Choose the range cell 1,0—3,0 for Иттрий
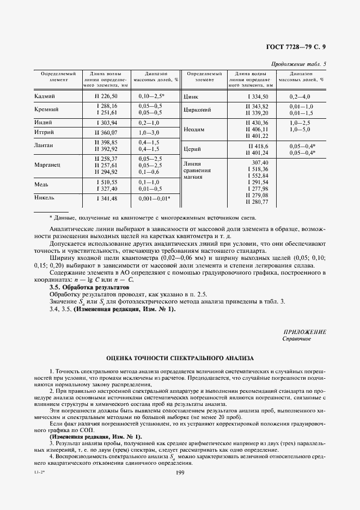149,132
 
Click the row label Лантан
44,145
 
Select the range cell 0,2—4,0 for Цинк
301,96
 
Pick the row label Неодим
194,130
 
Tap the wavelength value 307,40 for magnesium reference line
260,162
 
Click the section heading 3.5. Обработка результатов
90,287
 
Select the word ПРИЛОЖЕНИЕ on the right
305,332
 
